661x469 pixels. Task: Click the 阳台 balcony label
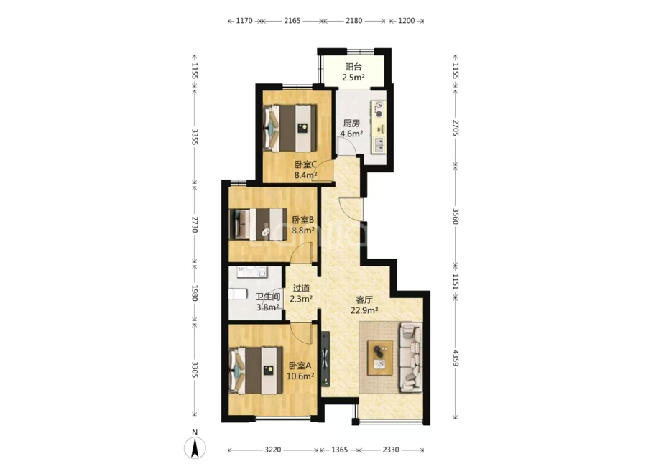tap(353, 67)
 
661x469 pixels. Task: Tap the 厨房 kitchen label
tap(351, 124)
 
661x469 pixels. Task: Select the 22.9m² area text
tap(364, 310)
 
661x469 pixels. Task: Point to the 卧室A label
tap(300, 366)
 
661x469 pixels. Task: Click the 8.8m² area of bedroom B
tap(303, 231)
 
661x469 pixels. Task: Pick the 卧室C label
tap(305, 164)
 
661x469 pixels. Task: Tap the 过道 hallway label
tap(301, 289)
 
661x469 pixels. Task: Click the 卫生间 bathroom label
tap(268, 297)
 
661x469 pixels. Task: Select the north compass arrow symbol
tap(195, 447)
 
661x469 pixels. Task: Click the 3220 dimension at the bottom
tap(273, 450)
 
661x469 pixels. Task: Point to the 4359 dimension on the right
tap(456, 358)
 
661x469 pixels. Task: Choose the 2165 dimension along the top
tap(292, 21)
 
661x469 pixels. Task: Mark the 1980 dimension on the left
tap(195, 293)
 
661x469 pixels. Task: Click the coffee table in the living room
tap(380, 358)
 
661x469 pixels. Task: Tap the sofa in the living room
tap(410, 358)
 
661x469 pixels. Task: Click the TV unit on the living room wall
tap(325, 359)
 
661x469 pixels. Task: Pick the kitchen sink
tap(379, 144)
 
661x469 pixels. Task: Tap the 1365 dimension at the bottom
tap(339, 450)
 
